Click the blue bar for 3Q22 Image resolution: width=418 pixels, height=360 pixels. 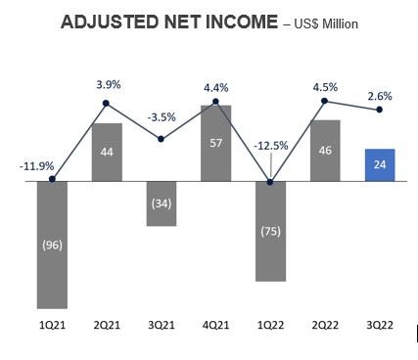click(x=379, y=164)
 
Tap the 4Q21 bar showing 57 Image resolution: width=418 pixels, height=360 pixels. click(x=215, y=142)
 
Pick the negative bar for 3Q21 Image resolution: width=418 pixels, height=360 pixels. click(x=161, y=203)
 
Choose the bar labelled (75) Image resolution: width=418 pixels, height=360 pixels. click(x=270, y=231)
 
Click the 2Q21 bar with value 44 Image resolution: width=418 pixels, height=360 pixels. click(x=106, y=152)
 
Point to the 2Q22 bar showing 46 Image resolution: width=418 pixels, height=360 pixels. click(x=325, y=150)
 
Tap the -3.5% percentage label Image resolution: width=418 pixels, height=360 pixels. click(x=161, y=117)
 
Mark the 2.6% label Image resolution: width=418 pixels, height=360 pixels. click(x=380, y=95)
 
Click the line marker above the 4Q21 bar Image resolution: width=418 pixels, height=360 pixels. click(x=215, y=99)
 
